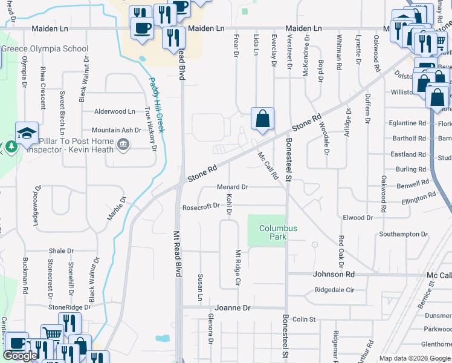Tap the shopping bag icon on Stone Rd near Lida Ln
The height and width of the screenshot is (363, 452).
tap(262, 119)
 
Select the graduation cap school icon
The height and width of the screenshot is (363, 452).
tap(27, 134)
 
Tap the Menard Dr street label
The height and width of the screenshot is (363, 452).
tap(233, 188)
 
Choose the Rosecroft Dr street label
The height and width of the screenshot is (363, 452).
tap(201, 206)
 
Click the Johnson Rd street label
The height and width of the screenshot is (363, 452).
tap(334, 274)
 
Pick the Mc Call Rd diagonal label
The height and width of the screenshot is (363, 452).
tap(268, 165)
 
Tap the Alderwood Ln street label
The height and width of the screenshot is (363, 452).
tap(115, 111)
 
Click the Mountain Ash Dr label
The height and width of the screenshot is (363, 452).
tap(116, 130)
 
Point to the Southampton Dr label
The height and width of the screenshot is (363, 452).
tap(404, 234)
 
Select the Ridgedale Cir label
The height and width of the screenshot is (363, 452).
tap(334, 290)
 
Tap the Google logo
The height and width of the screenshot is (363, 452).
tap(21, 355)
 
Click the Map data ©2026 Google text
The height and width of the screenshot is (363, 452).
tap(414, 358)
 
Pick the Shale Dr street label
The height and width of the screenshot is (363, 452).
tap(61, 250)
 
